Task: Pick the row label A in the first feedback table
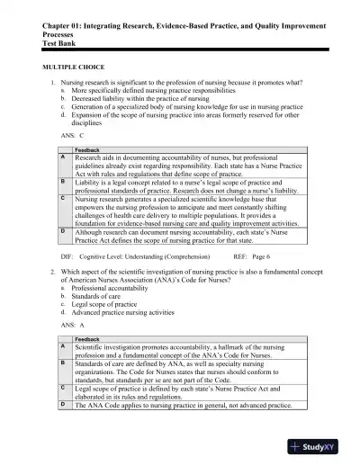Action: point(62,157)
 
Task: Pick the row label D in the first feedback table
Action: point(62,230)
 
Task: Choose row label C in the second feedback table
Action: point(62,387)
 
